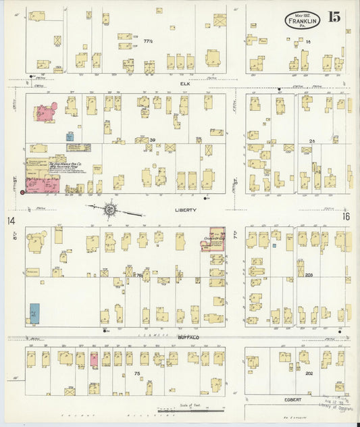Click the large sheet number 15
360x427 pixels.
(334, 16)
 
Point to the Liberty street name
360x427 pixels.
(186, 210)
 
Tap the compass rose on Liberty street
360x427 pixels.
(109, 210)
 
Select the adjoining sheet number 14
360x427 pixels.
(11, 220)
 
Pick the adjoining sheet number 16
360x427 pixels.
(346, 216)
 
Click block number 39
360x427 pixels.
(153, 141)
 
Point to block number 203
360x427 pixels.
(310, 275)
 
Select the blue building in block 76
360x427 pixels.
(34, 313)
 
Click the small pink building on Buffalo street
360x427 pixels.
(94, 359)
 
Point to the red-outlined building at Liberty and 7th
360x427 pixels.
(216, 240)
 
